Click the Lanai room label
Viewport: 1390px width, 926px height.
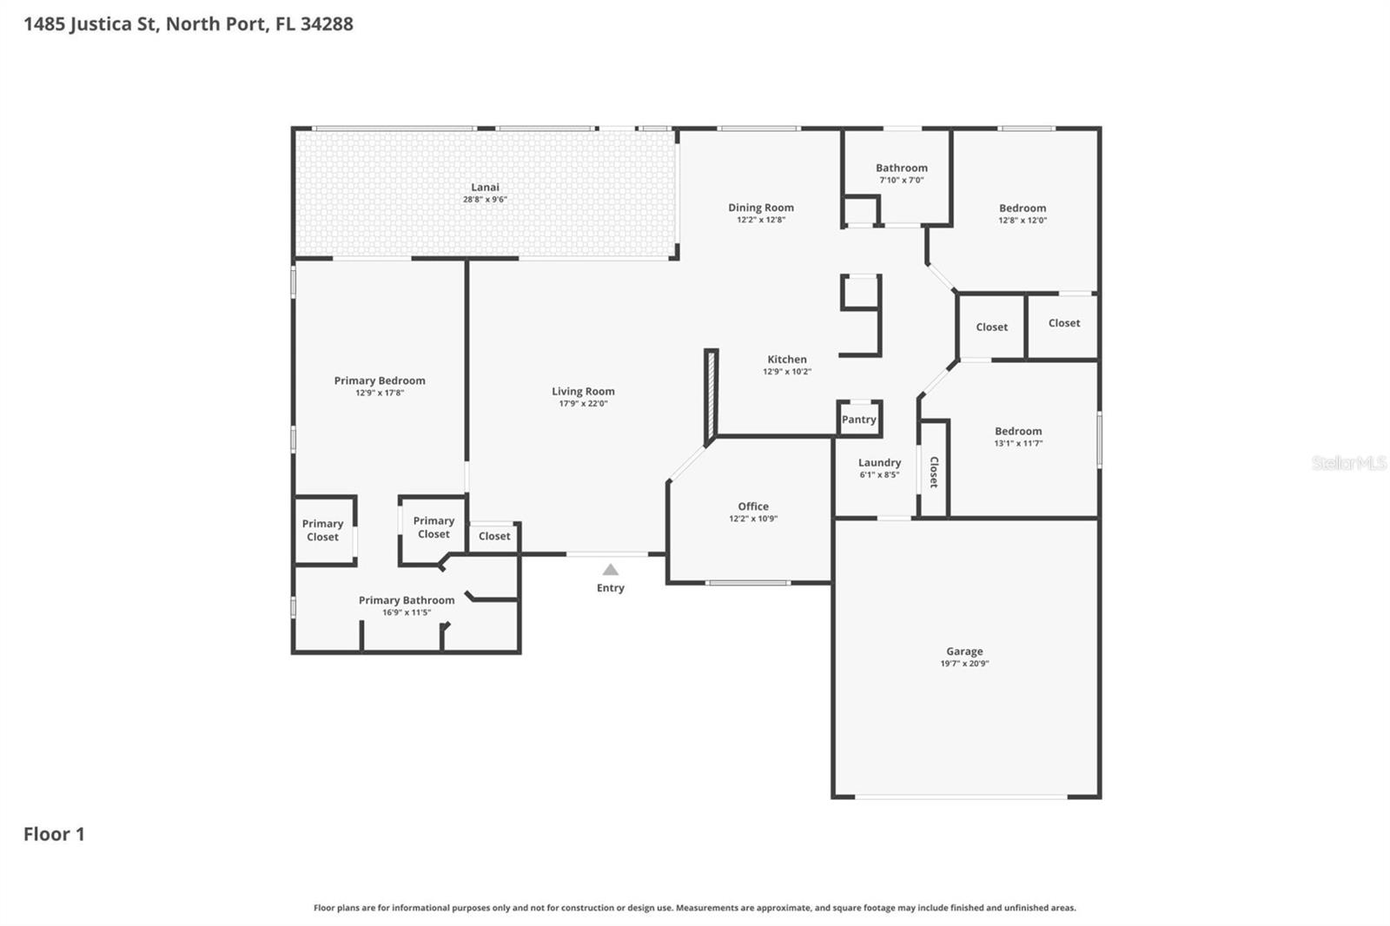tap(485, 187)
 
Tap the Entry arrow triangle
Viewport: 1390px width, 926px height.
tap(611, 570)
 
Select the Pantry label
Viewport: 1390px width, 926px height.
tap(858, 420)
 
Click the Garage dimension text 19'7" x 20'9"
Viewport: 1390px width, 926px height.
tap(964, 664)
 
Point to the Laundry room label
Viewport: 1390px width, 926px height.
tap(879, 463)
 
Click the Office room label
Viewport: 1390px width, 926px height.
tap(753, 506)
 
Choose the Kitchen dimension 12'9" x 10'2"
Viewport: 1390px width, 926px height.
tap(787, 372)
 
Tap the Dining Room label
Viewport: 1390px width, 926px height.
tap(760, 208)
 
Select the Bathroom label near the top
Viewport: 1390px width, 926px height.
tap(901, 168)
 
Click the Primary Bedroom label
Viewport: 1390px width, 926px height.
tap(380, 380)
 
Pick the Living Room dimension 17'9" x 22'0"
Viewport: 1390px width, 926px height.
tap(583, 404)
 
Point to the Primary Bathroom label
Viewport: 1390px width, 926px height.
tap(407, 600)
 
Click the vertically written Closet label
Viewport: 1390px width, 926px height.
tap(934, 472)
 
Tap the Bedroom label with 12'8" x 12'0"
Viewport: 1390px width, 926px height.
tap(1022, 208)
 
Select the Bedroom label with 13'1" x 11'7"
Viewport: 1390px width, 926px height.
tap(1017, 431)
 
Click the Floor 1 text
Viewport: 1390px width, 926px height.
tap(54, 834)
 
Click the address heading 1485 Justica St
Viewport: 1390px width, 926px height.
tap(188, 23)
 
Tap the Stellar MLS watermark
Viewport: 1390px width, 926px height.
tap(1348, 463)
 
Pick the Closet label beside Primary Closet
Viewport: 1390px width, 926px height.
tap(494, 536)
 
